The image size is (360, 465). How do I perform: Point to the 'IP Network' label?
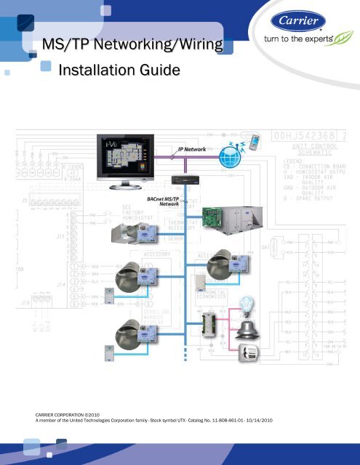tap(191, 148)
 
